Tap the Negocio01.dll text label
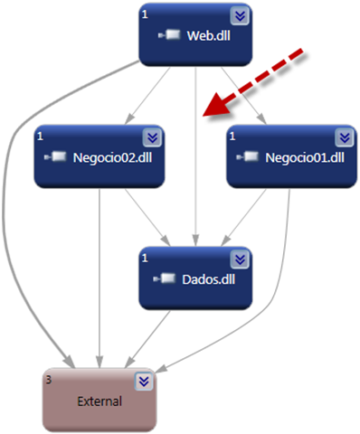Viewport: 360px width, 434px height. (305, 157)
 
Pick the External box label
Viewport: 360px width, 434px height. (99, 399)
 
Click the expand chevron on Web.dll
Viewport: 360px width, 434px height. (238, 16)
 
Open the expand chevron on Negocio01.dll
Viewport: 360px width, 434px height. (343, 137)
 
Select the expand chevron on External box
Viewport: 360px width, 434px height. (142, 381)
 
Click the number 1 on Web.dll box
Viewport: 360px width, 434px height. (145, 14)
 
